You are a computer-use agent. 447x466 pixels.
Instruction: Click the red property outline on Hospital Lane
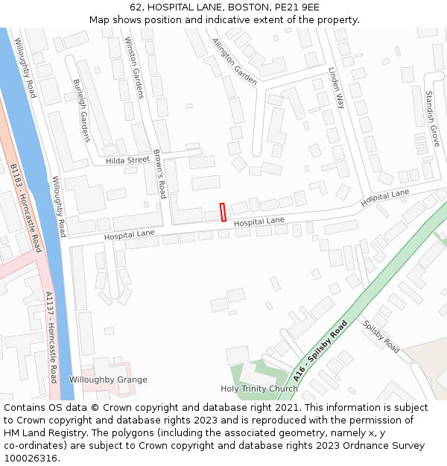point(223,212)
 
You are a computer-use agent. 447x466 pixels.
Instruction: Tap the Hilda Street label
point(127,160)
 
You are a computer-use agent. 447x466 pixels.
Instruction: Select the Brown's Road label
point(159,174)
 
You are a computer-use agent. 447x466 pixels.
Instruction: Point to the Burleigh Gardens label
point(81,110)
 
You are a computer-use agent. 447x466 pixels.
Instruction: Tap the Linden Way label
point(337,88)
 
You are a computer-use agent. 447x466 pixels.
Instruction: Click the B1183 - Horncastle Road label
point(26,208)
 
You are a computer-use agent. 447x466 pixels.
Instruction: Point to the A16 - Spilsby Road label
point(320,351)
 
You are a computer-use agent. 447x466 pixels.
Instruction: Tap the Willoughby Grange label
point(108,380)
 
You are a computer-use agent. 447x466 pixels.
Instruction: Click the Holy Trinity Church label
point(259,388)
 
